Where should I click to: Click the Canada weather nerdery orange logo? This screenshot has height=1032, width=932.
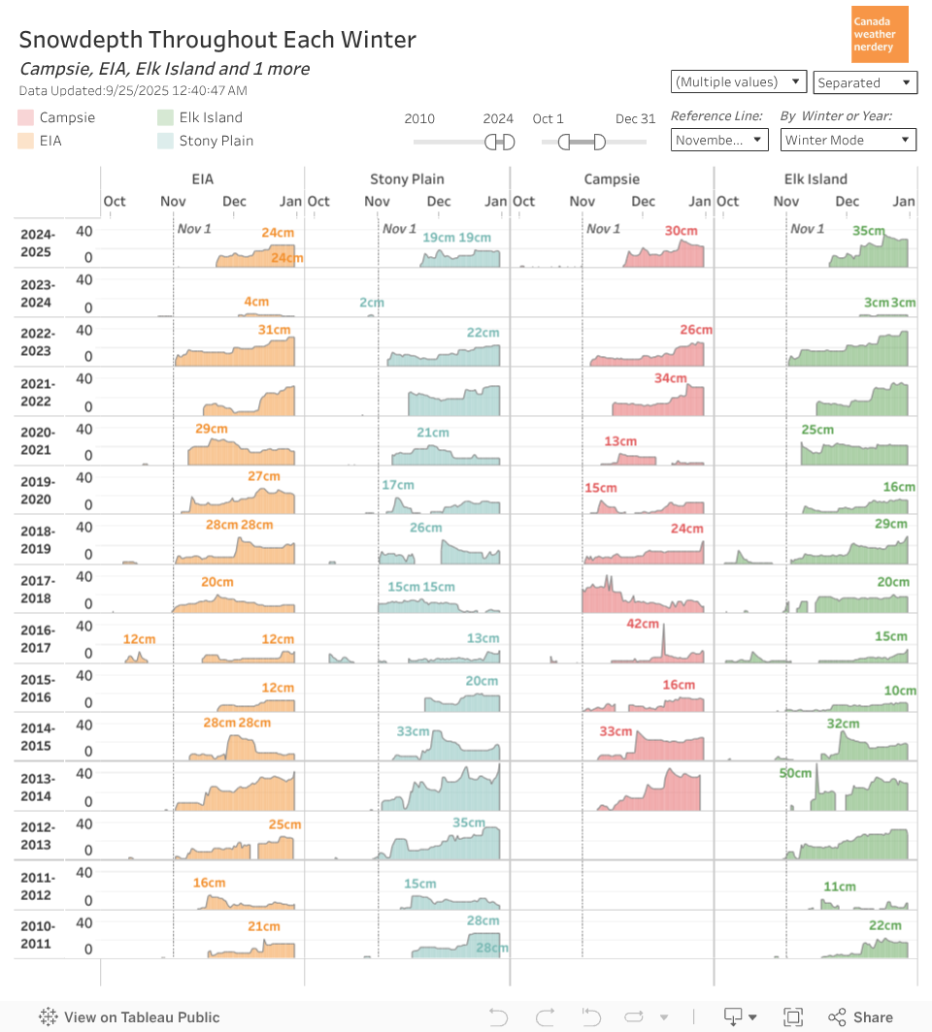880,34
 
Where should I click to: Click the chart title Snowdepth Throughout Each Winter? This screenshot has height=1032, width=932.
217,40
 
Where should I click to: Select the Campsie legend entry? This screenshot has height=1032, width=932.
67,117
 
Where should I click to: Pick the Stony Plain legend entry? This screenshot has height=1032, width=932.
216,141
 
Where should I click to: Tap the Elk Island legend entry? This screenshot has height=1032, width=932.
210,117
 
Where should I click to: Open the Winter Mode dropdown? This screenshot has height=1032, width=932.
849,140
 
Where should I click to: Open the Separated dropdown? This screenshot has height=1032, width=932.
865,82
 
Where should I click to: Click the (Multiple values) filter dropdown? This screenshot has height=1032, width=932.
739,81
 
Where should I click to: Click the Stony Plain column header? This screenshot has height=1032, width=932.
407,178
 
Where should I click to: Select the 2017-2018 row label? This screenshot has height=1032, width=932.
38,590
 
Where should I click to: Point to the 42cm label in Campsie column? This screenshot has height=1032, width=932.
643,624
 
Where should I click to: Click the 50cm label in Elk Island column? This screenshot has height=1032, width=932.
795,773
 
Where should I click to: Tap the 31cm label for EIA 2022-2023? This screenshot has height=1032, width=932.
275,330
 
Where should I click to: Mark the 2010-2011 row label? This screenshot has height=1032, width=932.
38,935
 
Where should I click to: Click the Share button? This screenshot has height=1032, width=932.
860,1017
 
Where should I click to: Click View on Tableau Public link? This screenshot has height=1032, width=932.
130,1017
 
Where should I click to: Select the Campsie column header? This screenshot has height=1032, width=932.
612,178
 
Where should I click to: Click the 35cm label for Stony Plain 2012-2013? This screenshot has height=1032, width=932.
469,822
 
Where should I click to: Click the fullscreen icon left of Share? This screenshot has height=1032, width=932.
793,1017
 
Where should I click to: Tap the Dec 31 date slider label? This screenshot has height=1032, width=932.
635,118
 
